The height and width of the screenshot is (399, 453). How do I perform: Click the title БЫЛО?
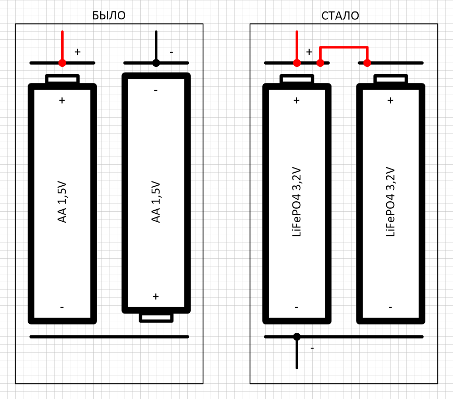tap(108, 16)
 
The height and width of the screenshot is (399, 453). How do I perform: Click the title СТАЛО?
tap(340, 16)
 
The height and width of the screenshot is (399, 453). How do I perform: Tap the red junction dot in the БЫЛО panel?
tap(62, 63)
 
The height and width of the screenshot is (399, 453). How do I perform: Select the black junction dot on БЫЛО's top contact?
tap(156, 63)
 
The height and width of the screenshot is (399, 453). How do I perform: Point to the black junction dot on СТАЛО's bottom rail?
tap(297, 336)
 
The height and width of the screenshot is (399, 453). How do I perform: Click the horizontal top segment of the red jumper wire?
tap(344, 47)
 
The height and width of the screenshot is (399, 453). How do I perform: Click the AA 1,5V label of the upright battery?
tap(62, 202)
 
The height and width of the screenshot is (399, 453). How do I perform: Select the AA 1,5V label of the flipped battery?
tap(156, 202)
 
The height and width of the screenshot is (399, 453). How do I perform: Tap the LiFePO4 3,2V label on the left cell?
tap(297, 202)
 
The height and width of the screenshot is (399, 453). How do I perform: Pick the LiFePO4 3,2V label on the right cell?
tap(390, 202)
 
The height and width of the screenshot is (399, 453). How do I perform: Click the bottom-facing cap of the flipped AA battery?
tap(156, 318)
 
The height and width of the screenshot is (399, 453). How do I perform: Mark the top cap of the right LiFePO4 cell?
tap(390, 79)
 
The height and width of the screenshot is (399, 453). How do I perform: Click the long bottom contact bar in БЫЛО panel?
tap(109, 337)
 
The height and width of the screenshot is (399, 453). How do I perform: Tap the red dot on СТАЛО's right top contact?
tap(367, 63)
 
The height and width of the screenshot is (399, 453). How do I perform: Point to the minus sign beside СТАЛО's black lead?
tap(312, 348)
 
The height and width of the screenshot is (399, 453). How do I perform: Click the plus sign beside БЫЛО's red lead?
tap(78, 52)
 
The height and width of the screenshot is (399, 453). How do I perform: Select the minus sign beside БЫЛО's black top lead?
tap(172, 52)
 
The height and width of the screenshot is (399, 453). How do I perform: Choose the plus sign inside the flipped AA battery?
tap(156, 296)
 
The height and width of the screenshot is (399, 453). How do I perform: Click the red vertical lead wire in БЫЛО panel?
tap(62, 46)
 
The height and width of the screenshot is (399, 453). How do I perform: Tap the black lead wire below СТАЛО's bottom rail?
tap(297, 353)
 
